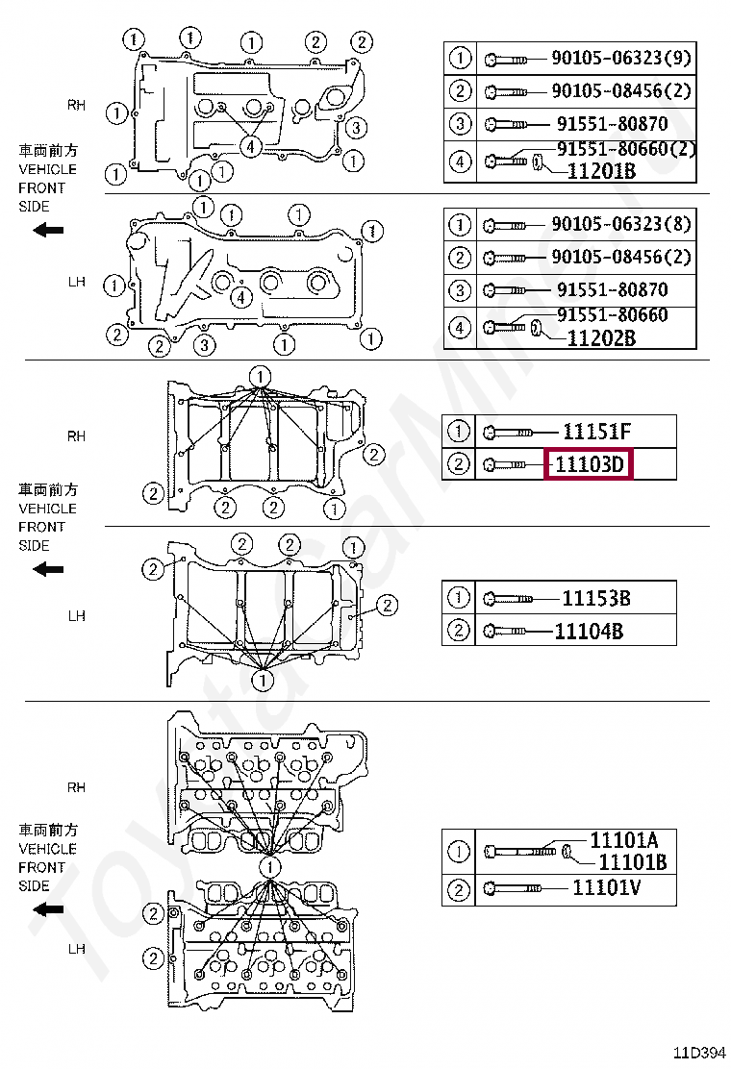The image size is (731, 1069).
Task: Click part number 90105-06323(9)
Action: [x=620, y=59]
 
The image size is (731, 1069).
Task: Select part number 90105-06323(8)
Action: [x=620, y=225]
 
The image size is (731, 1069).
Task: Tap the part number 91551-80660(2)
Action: [x=626, y=149]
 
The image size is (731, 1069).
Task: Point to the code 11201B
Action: [x=601, y=171]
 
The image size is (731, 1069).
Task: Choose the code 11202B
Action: [x=601, y=337]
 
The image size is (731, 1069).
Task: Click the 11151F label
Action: [x=596, y=432]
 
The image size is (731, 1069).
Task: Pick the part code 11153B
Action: [x=596, y=598]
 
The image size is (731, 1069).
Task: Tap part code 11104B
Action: [x=590, y=631]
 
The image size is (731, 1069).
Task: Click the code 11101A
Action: [x=623, y=840]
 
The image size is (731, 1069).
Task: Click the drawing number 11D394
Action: [x=699, y=1052]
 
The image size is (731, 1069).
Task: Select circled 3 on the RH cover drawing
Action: [x=355, y=127]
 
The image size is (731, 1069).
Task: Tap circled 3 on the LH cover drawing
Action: [x=204, y=344]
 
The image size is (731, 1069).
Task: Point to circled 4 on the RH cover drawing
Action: [x=249, y=145]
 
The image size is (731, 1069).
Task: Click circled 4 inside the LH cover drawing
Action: [x=241, y=297]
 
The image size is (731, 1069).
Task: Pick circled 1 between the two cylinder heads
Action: [x=270, y=867]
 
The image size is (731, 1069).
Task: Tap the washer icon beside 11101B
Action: [x=568, y=851]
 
